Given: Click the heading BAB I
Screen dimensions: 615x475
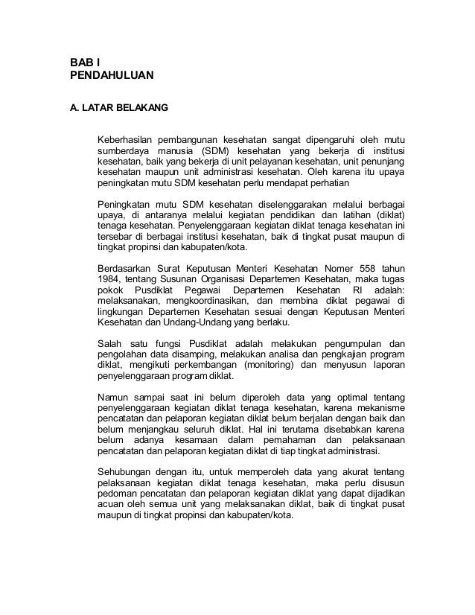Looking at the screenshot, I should pos(84,63).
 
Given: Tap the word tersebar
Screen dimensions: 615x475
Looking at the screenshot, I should pos(115,237).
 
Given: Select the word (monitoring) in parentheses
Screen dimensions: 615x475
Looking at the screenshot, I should pos(267,365).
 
